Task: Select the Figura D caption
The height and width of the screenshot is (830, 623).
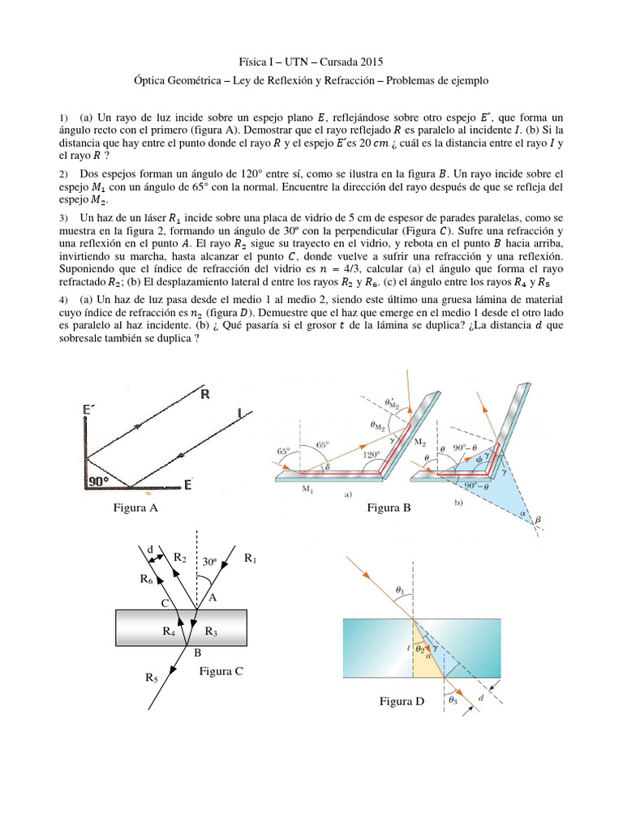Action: [402, 701]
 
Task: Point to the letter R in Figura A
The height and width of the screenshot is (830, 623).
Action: [205, 396]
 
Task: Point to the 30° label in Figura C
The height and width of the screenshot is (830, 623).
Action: [210, 561]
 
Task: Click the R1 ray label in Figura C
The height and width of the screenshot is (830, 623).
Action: [251, 558]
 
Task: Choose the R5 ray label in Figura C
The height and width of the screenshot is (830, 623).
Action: [152, 677]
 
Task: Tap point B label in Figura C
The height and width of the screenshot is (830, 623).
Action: [197, 652]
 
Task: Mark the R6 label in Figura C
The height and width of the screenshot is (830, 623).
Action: [146, 579]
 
